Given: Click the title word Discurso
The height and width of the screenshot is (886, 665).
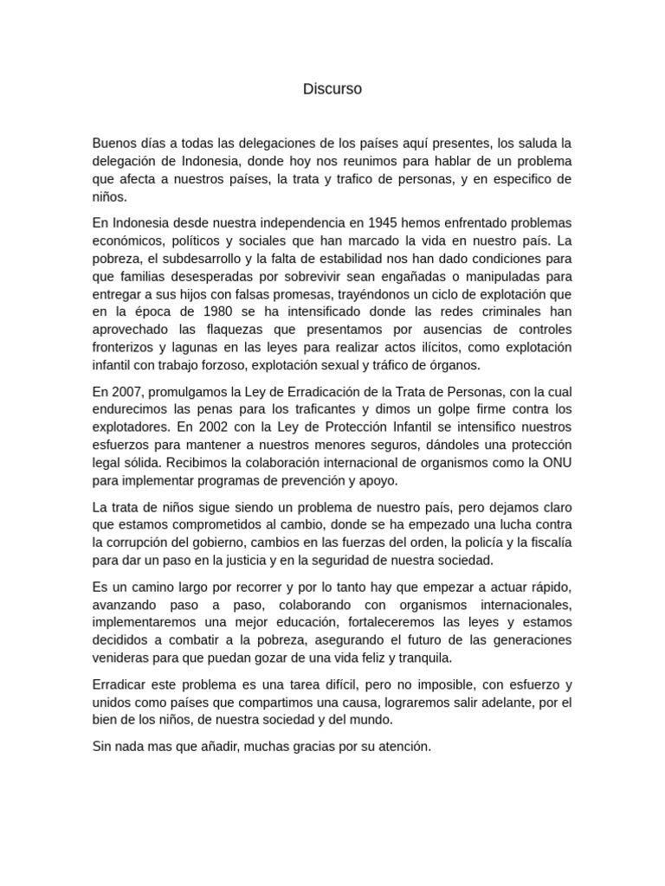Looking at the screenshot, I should point(332,89).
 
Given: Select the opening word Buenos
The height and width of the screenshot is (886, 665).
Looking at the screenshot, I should point(113,143).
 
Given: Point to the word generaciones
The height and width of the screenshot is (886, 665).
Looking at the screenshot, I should point(528,639).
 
